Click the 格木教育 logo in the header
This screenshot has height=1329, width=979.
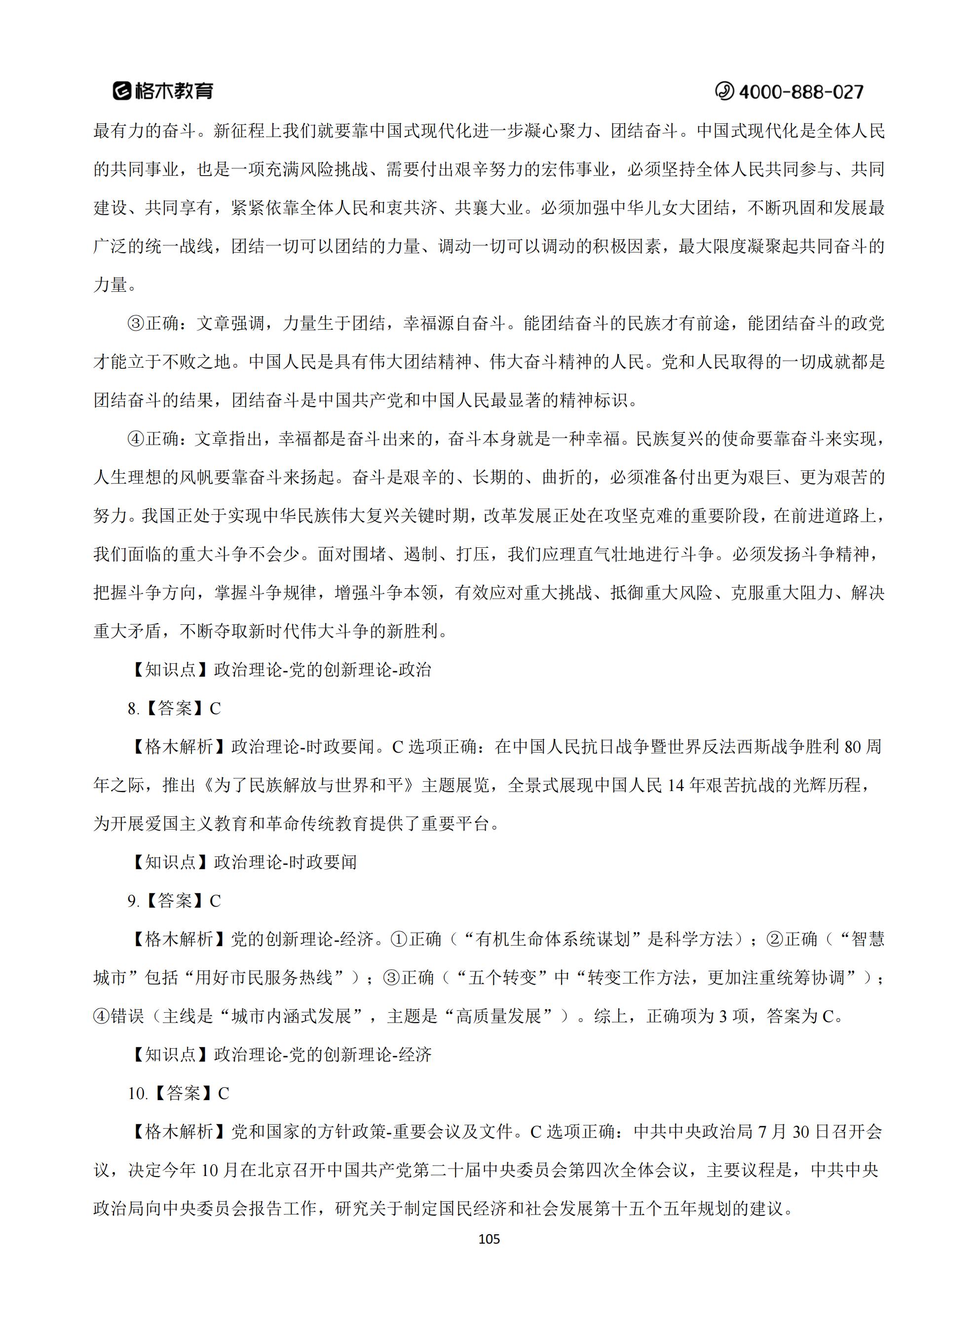tap(163, 91)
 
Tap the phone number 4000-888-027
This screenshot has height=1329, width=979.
tap(801, 92)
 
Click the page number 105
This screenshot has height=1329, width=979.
tap(489, 1239)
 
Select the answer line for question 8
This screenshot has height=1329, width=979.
tap(174, 708)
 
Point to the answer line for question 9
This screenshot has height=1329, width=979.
tap(174, 901)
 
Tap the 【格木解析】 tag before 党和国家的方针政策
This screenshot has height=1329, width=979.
tap(178, 1132)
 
